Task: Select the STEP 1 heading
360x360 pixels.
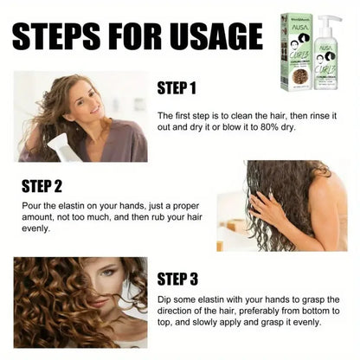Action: [x=179, y=88]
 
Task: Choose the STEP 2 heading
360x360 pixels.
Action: [x=42, y=184]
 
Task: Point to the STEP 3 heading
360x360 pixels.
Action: [x=179, y=279]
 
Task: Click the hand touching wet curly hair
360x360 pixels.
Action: [x=269, y=207]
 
